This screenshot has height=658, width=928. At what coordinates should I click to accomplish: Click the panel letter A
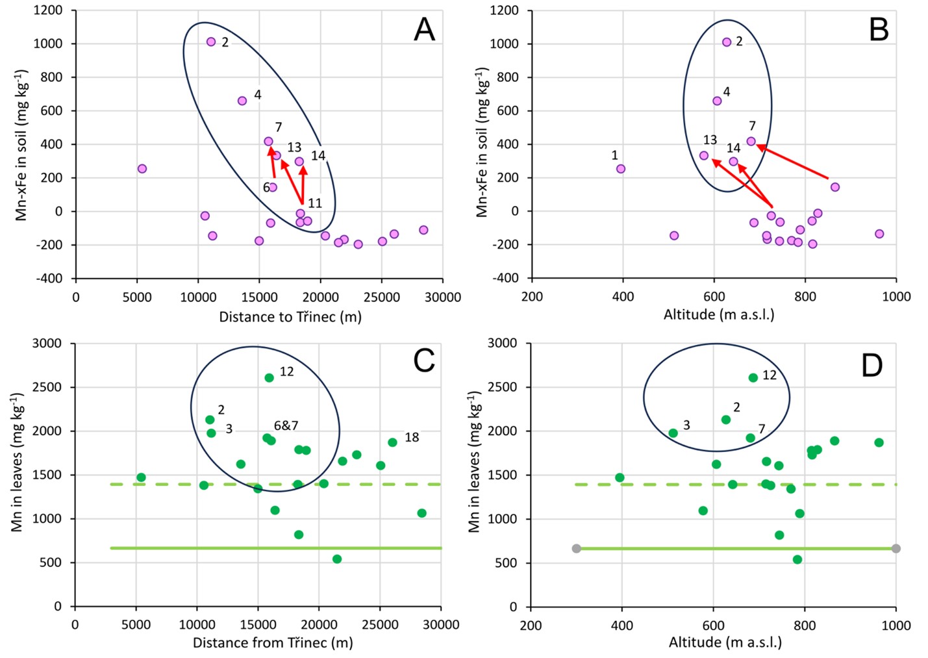coord(424,30)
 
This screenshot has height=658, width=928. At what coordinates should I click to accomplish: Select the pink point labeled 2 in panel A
coord(211,42)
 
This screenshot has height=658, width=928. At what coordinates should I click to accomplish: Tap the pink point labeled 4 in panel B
coord(717,101)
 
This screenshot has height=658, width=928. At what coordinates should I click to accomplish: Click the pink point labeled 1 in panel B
coord(620,169)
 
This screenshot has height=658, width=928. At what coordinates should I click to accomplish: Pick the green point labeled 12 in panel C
coord(269,377)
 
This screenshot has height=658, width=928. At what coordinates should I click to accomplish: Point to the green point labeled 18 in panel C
coord(392,442)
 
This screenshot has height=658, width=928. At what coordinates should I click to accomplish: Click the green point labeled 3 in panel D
coord(673,433)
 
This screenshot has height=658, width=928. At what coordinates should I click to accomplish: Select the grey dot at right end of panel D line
coord(896,549)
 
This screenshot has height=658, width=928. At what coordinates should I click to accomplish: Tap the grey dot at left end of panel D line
coord(576,549)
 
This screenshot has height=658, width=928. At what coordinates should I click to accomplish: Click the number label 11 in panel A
coord(315,203)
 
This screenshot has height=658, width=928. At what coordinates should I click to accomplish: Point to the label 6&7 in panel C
coord(286,426)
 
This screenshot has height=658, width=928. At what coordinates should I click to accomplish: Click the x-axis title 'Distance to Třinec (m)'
coord(290,317)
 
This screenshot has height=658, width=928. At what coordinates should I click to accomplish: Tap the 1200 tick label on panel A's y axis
coord(48,10)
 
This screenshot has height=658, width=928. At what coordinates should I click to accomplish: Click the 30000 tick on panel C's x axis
coord(441,625)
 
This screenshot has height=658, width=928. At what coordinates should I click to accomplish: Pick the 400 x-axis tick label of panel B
coord(623,297)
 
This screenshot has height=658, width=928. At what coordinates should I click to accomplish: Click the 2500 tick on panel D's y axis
coord(503,387)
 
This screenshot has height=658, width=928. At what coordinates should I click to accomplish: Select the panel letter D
coord(872,366)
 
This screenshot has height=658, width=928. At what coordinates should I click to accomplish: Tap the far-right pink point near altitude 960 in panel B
coord(879,234)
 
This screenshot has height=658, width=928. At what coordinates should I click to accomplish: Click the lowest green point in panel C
coord(337,559)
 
